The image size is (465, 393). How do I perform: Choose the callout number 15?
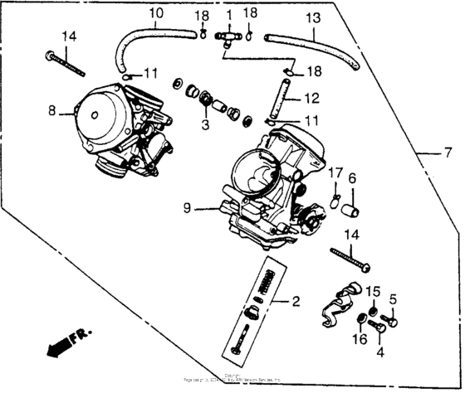[374, 291]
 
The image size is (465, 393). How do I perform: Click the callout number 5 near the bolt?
[394, 299]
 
